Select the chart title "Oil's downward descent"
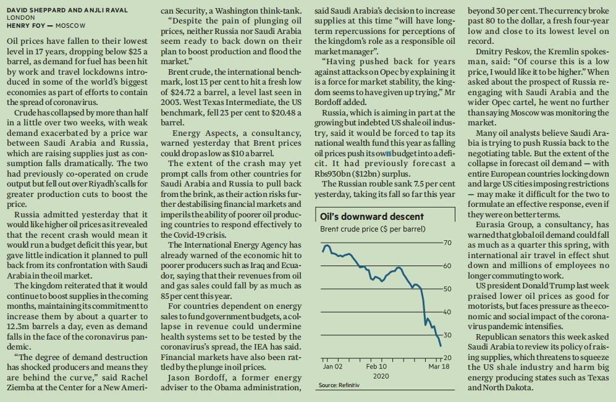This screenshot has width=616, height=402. click(x=372, y=216)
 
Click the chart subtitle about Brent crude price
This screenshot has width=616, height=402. click(x=373, y=229)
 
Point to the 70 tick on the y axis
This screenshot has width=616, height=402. click(x=447, y=241)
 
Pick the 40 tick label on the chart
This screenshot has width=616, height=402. click(x=447, y=312)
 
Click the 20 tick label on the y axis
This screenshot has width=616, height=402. click(x=447, y=358)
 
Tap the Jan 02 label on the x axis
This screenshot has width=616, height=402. click(x=332, y=367)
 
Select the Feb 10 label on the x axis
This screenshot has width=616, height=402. click(x=376, y=367)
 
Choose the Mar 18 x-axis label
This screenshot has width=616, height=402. click(x=439, y=367)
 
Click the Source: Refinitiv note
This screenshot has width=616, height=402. click(x=339, y=385)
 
